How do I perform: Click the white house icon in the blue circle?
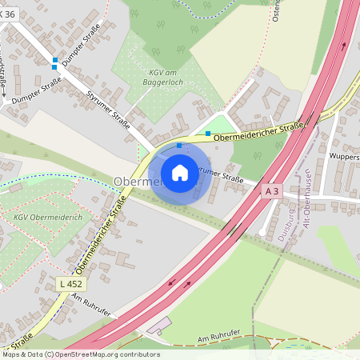[x=179, y=172]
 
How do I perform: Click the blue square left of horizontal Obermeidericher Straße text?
[x=208, y=133]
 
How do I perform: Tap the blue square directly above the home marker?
[x=178, y=146]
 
